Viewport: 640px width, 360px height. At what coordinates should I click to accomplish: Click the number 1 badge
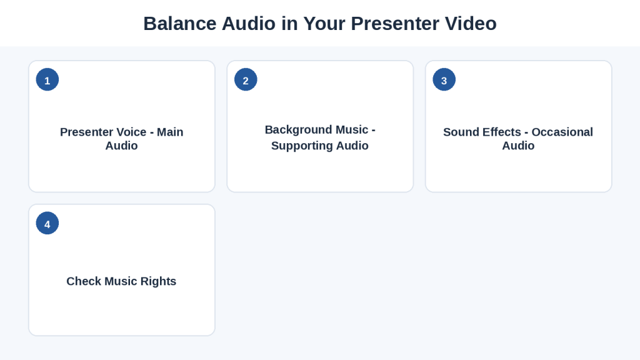[47, 79]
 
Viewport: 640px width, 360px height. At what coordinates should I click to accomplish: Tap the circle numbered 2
[246, 79]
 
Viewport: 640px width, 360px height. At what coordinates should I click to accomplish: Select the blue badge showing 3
[444, 79]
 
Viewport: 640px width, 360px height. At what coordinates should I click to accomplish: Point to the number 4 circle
[47, 223]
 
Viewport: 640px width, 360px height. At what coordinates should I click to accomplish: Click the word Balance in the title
[181, 24]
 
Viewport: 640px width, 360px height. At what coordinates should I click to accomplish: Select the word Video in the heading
[471, 24]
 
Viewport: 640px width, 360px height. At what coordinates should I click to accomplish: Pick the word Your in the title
[324, 24]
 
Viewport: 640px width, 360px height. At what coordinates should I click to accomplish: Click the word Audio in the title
[249, 24]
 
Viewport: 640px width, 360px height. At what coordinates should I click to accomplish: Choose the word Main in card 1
[170, 132]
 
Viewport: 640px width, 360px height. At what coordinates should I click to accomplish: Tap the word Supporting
[302, 146]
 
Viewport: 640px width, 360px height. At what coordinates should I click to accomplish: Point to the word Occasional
[562, 132]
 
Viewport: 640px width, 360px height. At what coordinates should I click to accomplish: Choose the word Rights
[158, 282]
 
